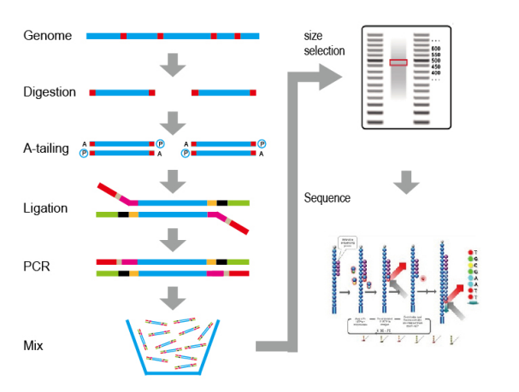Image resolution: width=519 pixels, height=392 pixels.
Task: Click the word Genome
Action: tap(43, 37)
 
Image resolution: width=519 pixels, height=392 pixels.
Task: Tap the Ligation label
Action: tap(46, 207)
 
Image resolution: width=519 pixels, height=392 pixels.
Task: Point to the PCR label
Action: tap(37, 265)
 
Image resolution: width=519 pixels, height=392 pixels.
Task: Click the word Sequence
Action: tap(327, 198)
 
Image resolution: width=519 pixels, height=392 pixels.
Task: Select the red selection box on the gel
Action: tap(398, 62)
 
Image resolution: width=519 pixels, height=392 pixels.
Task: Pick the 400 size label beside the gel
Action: tap(435, 73)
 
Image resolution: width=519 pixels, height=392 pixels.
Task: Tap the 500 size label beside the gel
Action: tap(435, 61)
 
